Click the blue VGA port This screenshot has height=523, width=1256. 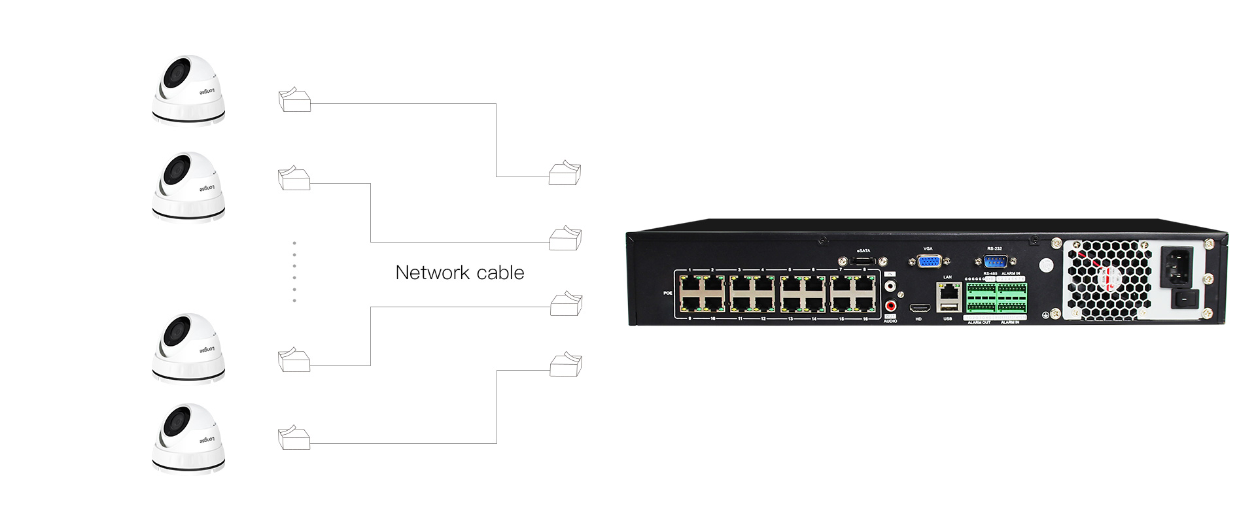[928, 261]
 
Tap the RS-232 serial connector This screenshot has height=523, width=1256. [994, 260]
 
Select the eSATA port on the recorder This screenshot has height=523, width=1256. [863, 261]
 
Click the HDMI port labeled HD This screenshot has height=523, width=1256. [919, 309]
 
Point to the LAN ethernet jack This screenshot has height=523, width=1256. [948, 292]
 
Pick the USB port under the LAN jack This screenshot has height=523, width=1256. [948, 309]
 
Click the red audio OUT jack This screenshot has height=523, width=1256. [890, 305]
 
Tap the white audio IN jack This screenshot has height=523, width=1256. [890, 286]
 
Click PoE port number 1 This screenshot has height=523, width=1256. [690, 284]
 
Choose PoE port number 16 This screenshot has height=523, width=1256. [865, 303]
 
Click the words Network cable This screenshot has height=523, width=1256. [459, 273]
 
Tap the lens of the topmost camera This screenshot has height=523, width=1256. [175, 71]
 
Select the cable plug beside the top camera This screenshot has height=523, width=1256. [294, 101]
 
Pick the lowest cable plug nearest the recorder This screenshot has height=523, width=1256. [565, 365]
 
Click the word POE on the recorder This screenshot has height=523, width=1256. [668, 293]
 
